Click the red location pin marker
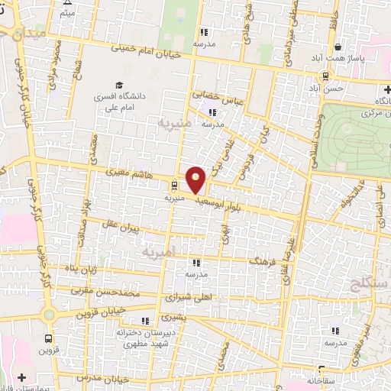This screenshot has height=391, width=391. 196,179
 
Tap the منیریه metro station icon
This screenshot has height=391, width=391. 174,185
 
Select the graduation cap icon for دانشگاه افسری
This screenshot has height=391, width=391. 118,85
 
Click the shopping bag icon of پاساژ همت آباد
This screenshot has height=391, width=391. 338,47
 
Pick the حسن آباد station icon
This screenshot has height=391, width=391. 326,76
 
